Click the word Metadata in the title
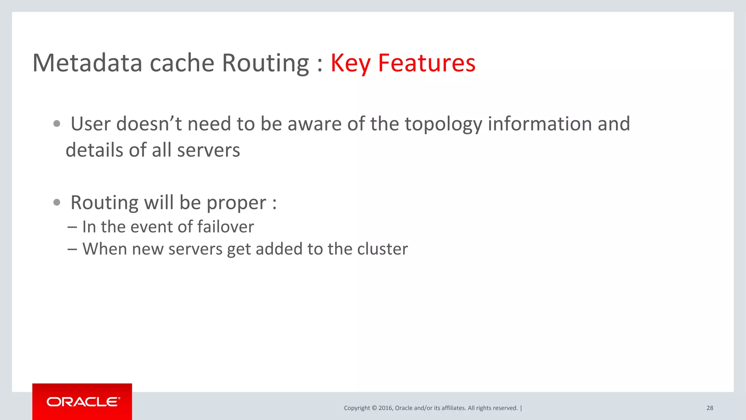click(x=87, y=63)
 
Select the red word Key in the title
click(x=350, y=63)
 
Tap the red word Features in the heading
click(x=427, y=63)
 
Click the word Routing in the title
click(x=266, y=63)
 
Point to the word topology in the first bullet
click(x=443, y=124)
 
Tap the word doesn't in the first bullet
click(x=149, y=124)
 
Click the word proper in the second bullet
click(x=236, y=203)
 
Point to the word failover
click(x=225, y=227)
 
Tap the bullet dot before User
click(x=56, y=124)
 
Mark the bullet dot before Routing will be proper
click(x=56, y=202)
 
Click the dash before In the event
click(x=72, y=227)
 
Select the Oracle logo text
click(x=83, y=402)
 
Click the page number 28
click(x=710, y=408)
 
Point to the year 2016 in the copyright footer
click(x=385, y=408)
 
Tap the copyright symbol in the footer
click(x=374, y=408)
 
